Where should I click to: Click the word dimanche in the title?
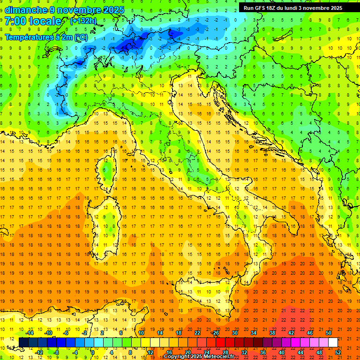pyautogui.click(x=26, y=10)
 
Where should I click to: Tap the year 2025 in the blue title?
pyautogui.click(x=113, y=10)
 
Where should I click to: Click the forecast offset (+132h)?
pyautogui.click(x=83, y=21)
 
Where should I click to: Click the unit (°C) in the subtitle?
pyautogui.click(x=81, y=37)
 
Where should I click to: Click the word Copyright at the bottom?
pyautogui.click(x=178, y=357)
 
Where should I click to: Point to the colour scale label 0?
pyautogui.click(x=92, y=352)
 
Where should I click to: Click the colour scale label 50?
pyautogui.click(x=329, y=333)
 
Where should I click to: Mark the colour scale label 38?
pyautogui.click(x=272, y=333)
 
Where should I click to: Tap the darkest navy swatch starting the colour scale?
pyautogui.click(x=23, y=342)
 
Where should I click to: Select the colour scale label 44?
pyautogui.click(x=300, y=352)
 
